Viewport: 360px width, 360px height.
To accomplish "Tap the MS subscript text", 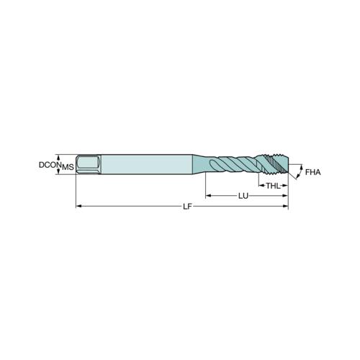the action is tap(68, 167).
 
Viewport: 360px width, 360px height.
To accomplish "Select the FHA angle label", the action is tap(312, 172).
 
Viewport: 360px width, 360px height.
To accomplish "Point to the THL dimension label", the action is tap(273, 186).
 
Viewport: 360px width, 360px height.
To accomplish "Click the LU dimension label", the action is tap(243, 196).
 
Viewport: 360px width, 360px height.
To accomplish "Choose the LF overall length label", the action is tap(188, 207).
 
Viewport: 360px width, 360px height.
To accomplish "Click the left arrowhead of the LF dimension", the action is tap(78, 206).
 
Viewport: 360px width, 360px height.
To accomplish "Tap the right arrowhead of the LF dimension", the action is tap(286, 206).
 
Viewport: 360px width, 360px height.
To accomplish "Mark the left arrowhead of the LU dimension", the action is tap(208, 196).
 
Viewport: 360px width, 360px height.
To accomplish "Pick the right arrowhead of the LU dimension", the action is tap(285, 196).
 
